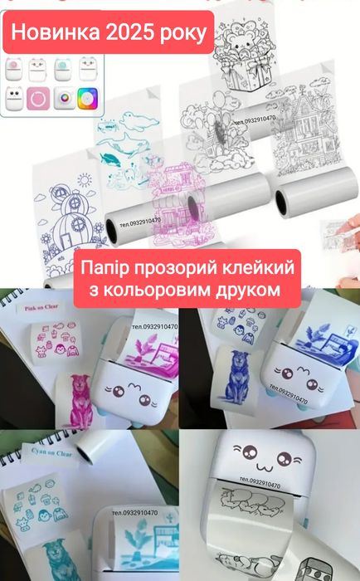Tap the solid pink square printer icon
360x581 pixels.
[x=36, y=96]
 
